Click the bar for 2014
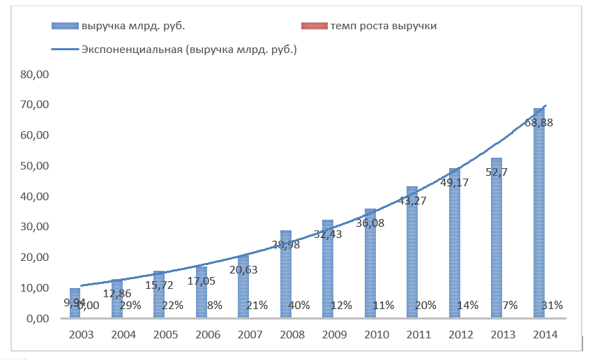point(538,223)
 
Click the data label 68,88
point(540,122)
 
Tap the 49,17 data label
point(454,182)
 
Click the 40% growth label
point(299,305)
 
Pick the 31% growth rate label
point(552,305)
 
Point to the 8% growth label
point(215,305)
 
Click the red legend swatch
point(315,26)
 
